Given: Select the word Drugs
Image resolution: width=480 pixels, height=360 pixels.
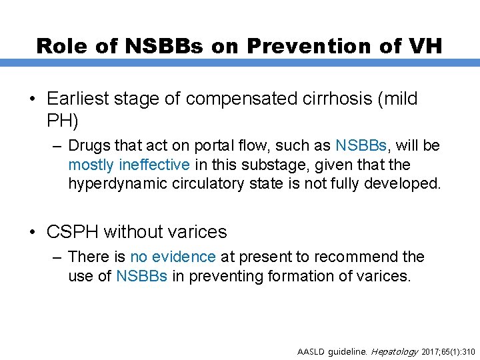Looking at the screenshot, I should (88, 146).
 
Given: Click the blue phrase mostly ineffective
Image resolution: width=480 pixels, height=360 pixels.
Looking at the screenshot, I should (129, 165).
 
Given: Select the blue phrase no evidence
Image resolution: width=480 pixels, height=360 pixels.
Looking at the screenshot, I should (173, 257).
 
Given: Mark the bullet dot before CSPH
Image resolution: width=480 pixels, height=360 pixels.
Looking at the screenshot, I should (33, 232).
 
